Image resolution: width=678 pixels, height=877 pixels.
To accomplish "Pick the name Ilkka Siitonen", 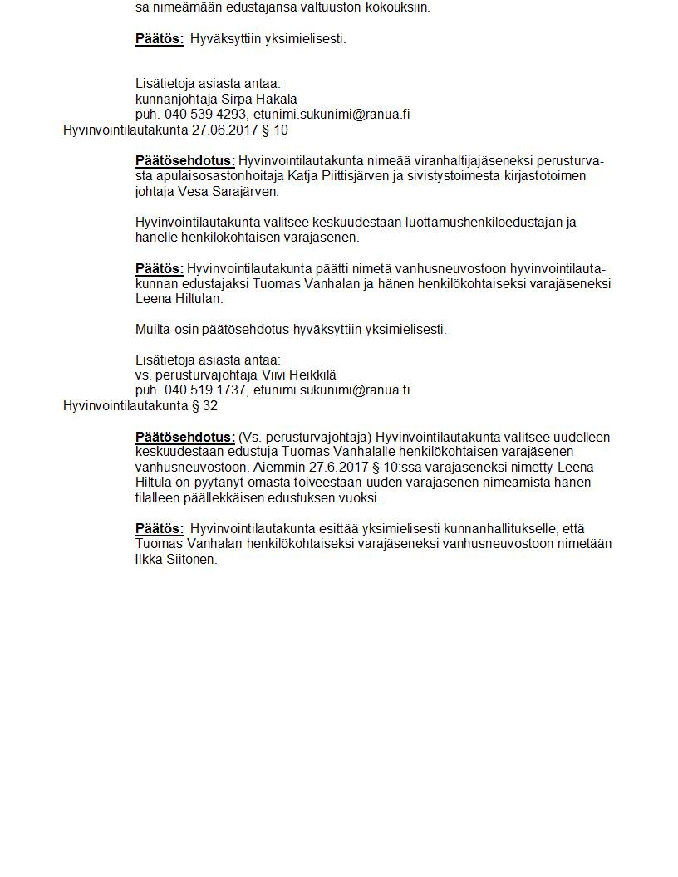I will tap(176, 560).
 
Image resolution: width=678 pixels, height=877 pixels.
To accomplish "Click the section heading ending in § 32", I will tap(140, 406).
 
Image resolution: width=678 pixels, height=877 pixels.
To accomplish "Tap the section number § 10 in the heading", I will tap(280, 130).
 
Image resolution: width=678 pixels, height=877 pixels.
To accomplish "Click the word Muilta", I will tap(153, 330).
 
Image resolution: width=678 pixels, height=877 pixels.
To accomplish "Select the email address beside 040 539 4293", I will tap(332, 115).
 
